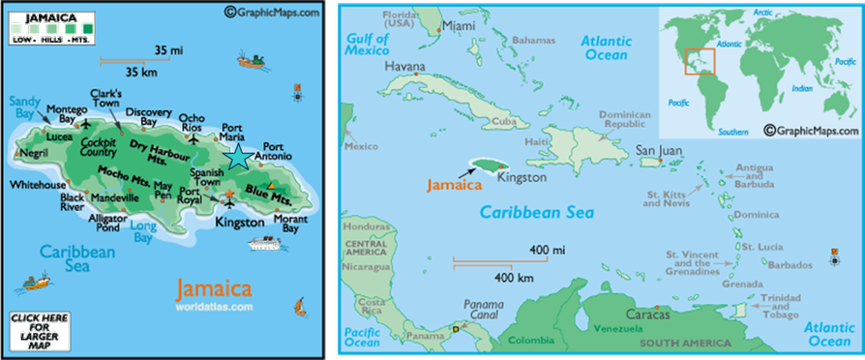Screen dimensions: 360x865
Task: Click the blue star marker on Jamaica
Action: point(236,156)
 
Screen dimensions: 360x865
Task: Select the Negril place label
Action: point(34,153)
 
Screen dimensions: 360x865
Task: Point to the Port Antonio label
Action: point(271,154)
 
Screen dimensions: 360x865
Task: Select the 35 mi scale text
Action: point(167,49)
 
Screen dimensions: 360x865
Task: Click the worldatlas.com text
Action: point(214,307)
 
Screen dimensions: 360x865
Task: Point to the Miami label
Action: point(460,26)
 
